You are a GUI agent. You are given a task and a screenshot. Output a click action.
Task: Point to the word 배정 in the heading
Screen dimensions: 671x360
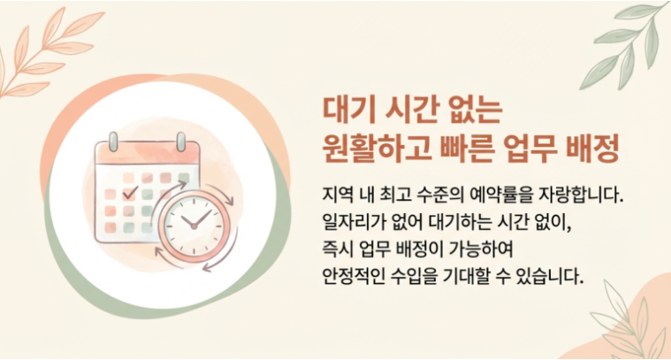592,149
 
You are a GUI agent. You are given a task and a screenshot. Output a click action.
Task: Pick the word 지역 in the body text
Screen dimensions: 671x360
338,195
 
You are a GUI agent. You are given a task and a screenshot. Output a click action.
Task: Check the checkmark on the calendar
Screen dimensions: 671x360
130,193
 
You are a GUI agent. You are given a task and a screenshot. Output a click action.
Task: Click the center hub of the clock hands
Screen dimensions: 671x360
194,226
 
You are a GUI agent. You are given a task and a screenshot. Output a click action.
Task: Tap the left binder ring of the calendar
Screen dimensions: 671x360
113,142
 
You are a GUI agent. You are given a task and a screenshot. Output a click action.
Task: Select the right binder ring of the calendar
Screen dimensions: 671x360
181,142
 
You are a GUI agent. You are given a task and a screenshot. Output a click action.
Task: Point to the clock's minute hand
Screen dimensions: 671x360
202,218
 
